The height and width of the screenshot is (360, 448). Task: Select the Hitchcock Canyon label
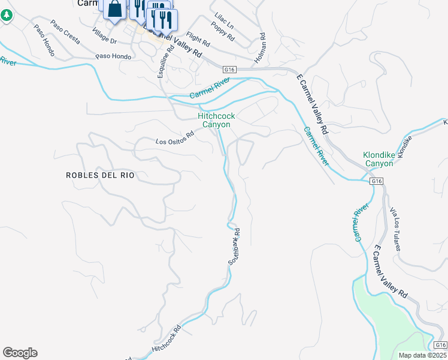pyautogui.click(x=214, y=120)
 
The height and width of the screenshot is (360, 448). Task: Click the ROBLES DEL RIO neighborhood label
pyautogui.click(x=100, y=175)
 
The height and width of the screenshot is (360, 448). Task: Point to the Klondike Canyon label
pyautogui.click(x=379, y=159)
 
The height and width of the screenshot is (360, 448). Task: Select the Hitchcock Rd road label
pyautogui.click(x=167, y=339)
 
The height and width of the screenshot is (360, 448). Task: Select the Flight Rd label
pyautogui.click(x=198, y=40)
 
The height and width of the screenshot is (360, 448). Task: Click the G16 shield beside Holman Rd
pyautogui.click(x=228, y=70)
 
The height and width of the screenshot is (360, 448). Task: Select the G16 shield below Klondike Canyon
pyautogui.click(x=376, y=181)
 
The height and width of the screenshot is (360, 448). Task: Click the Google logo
pyautogui.click(x=20, y=353)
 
